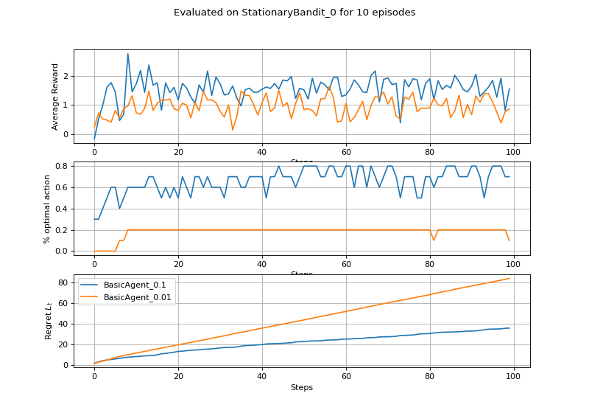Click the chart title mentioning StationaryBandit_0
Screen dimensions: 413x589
(x=294, y=13)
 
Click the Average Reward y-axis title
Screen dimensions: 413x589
(x=55, y=96)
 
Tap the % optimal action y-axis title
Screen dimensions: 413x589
(x=47, y=209)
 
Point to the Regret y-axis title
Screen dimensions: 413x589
(x=49, y=321)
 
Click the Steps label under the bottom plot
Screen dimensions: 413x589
(x=302, y=386)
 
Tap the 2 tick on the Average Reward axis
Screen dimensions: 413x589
(x=66, y=76)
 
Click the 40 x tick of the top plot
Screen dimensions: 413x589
(x=261, y=151)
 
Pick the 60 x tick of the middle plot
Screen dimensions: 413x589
(x=345, y=263)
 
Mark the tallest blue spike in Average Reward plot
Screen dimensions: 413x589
(x=127, y=54)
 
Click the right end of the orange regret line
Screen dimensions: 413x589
(x=509, y=278)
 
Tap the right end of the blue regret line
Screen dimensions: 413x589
(x=509, y=327)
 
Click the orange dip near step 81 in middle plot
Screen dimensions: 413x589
(x=434, y=240)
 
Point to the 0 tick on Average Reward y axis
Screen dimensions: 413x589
(x=66, y=134)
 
